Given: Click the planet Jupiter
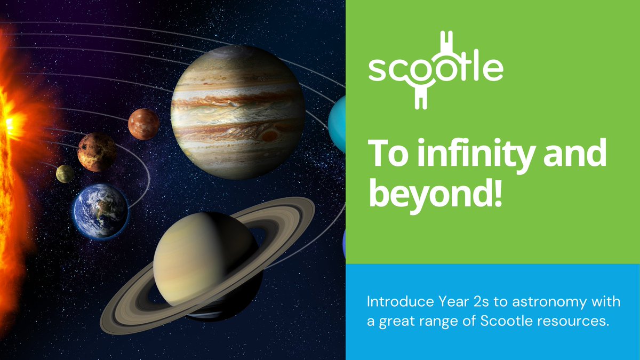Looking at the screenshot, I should tap(238, 112).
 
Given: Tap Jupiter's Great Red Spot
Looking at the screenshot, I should tap(270, 135).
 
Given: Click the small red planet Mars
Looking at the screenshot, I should tap(143, 124).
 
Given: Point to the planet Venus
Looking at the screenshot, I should tap(97, 152).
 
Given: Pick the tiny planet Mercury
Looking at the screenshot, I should tap(65, 173).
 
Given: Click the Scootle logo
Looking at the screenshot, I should tap(435, 70).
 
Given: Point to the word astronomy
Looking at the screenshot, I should tap(546, 302).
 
